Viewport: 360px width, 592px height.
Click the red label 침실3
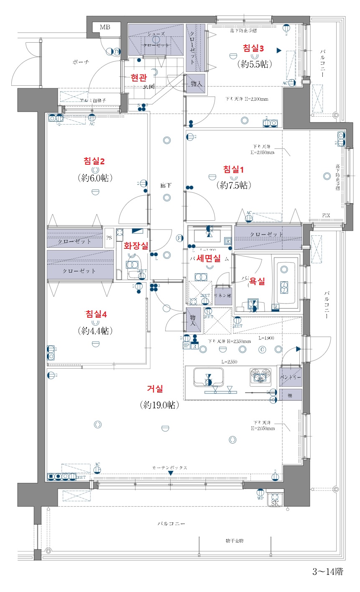click(253, 48)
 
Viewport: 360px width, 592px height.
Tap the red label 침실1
click(233, 170)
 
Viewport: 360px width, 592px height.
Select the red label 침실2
click(94, 161)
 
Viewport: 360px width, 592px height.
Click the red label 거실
click(155, 389)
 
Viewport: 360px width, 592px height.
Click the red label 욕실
click(257, 282)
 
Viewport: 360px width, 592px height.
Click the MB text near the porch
click(105, 28)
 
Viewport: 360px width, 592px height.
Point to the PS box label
click(109, 238)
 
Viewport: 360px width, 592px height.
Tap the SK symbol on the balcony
click(275, 503)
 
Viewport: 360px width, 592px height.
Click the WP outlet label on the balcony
click(260, 498)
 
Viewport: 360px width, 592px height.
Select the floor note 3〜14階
click(327, 572)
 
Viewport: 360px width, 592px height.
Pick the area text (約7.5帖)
click(233, 185)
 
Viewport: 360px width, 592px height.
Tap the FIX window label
click(326, 216)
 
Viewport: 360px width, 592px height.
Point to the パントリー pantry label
click(290, 378)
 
